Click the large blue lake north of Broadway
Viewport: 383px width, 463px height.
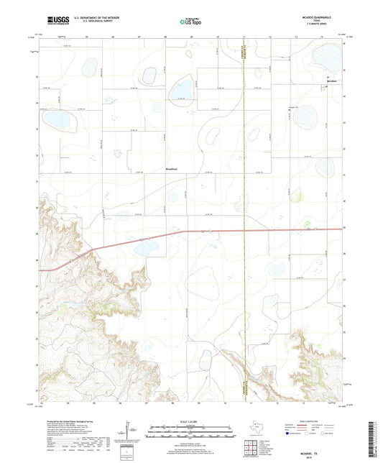pyautogui.click(x=177, y=90)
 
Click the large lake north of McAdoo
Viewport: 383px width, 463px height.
pyautogui.click(x=328, y=55)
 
